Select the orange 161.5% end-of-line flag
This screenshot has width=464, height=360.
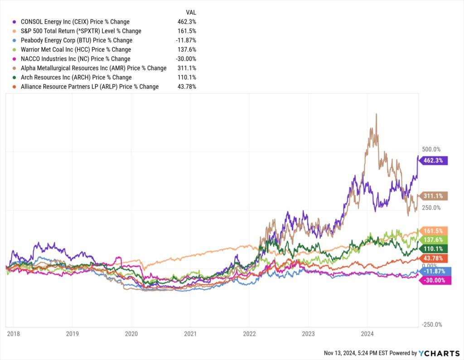click(x=434, y=230)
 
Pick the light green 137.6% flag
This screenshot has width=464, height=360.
click(x=434, y=239)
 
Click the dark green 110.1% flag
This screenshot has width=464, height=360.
click(x=434, y=249)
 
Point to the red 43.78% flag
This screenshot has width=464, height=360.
click(x=434, y=258)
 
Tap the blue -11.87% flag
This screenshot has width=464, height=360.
click(x=434, y=271)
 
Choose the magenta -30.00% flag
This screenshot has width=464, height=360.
click(x=434, y=280)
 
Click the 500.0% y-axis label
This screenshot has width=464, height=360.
click(x=431, y=149)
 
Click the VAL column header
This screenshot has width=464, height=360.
click(x=191, y=12)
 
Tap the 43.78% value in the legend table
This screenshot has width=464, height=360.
click(x=187, y=86)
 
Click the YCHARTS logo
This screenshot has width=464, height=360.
click(x=439, y=353)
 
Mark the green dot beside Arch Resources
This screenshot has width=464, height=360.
click(x=15, y=77)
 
